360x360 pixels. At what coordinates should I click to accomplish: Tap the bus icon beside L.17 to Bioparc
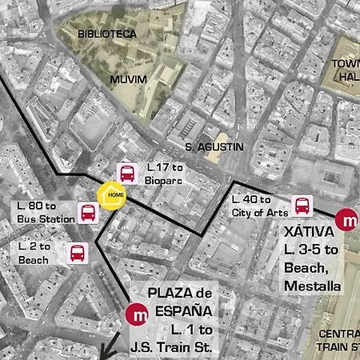pyautogui.click(x=127, y=173)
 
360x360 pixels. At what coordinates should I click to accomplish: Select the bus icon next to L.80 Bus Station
pyautogui.click(x=88, y=213)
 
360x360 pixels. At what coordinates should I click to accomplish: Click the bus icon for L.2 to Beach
pyautogui.click(x=77, y=253)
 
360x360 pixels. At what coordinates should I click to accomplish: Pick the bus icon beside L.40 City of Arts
pyautogui.click(x=302, y=206)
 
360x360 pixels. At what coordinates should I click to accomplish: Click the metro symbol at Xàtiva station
pyautogui.click(x=347, y=219)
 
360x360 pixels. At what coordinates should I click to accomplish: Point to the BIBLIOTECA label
pyautogui.click(x=107, y=34)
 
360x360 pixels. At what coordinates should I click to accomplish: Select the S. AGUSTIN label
pyautogui.click(x=214, y=147)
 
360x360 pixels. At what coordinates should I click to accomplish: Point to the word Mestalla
pyautogui.click(x=313, y=286)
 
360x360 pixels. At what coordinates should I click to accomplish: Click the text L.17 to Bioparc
pyautogui.click(x=165, y=174)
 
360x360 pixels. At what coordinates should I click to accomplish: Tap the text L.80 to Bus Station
pyautogui.click(x=41, y=213)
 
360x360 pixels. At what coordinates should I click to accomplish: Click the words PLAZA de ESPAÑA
pyautogui.click(x=180, y=302)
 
